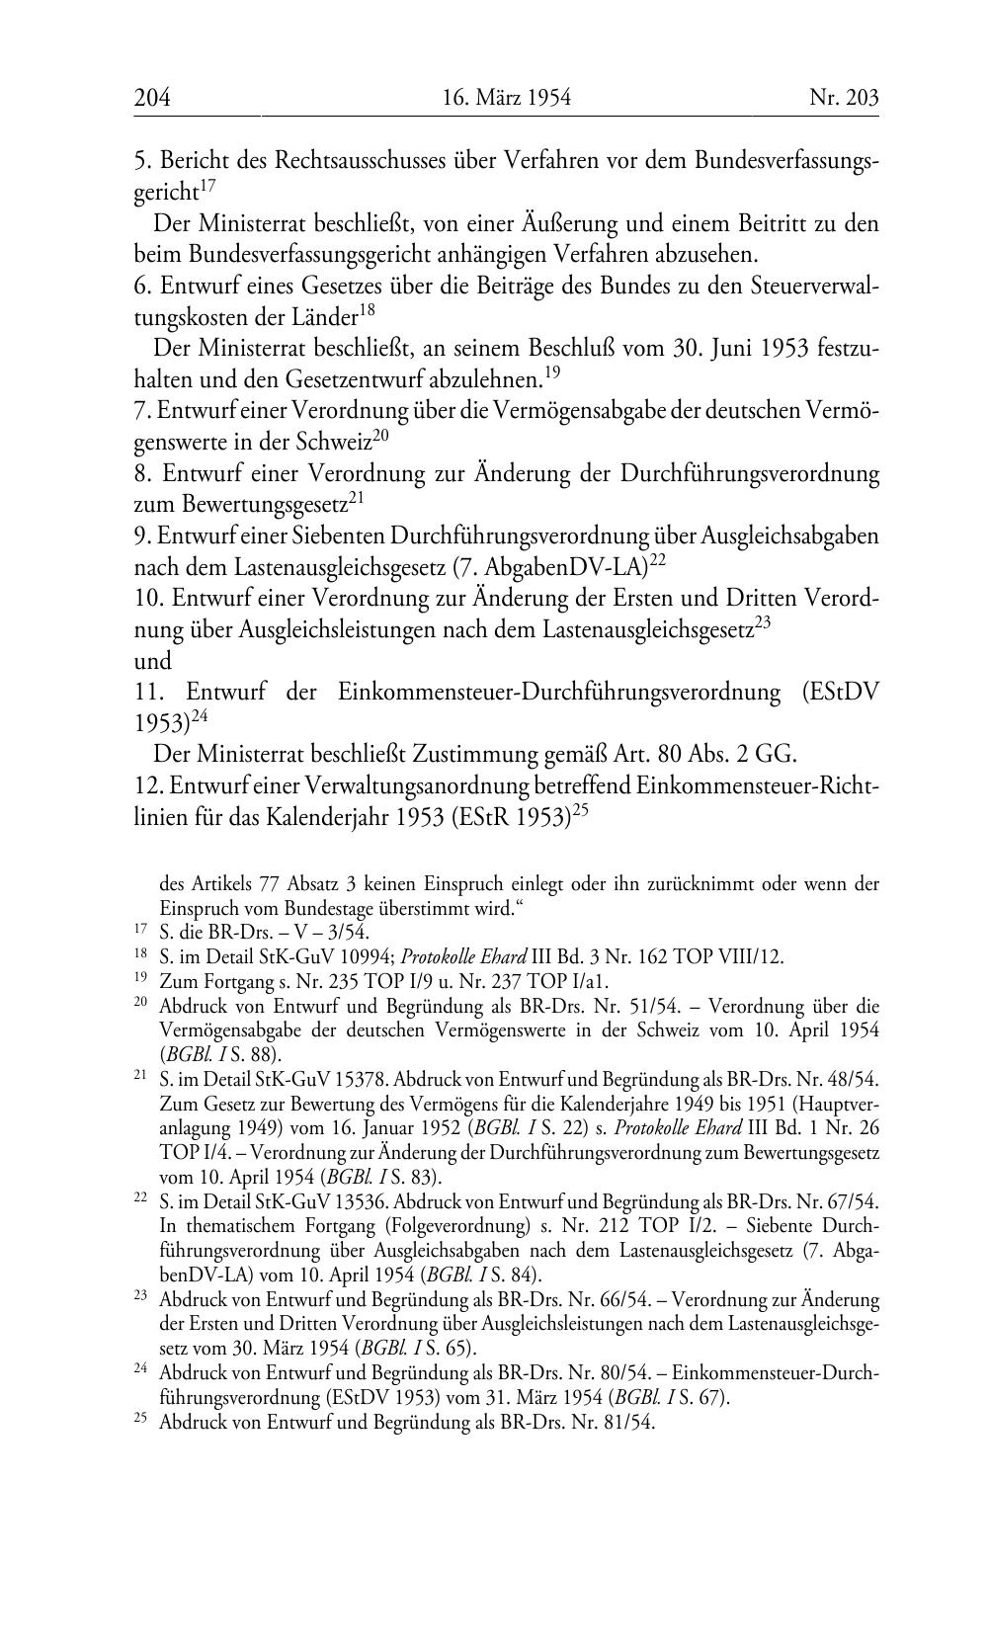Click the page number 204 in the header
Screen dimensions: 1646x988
(152, 98)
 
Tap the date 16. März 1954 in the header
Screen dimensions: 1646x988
(507, 98)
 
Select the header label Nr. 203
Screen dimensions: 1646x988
(844, 98)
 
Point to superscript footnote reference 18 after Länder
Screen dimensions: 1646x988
(367, 311)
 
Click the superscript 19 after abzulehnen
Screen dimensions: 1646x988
(552, 373)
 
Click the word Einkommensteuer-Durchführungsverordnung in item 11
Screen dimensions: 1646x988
(558, 693)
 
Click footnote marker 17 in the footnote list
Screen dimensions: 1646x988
(139, 930)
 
